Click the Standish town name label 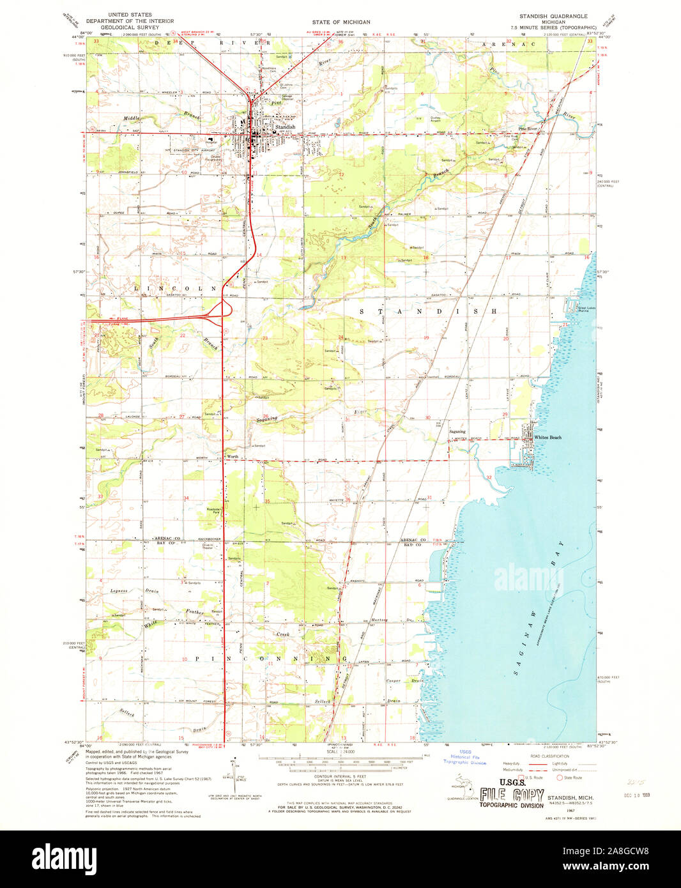[284, 127]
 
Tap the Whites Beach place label [547, 438]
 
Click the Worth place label [233, 457]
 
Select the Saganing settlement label [457, 432]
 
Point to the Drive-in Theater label [208, 547]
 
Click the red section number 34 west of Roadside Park [186, 498]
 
